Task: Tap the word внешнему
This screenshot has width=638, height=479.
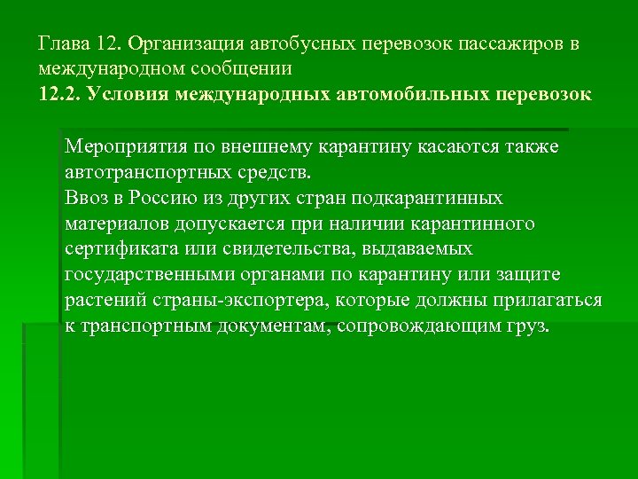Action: tap(261, 146)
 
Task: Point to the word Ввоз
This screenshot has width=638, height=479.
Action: tap(87, 198)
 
